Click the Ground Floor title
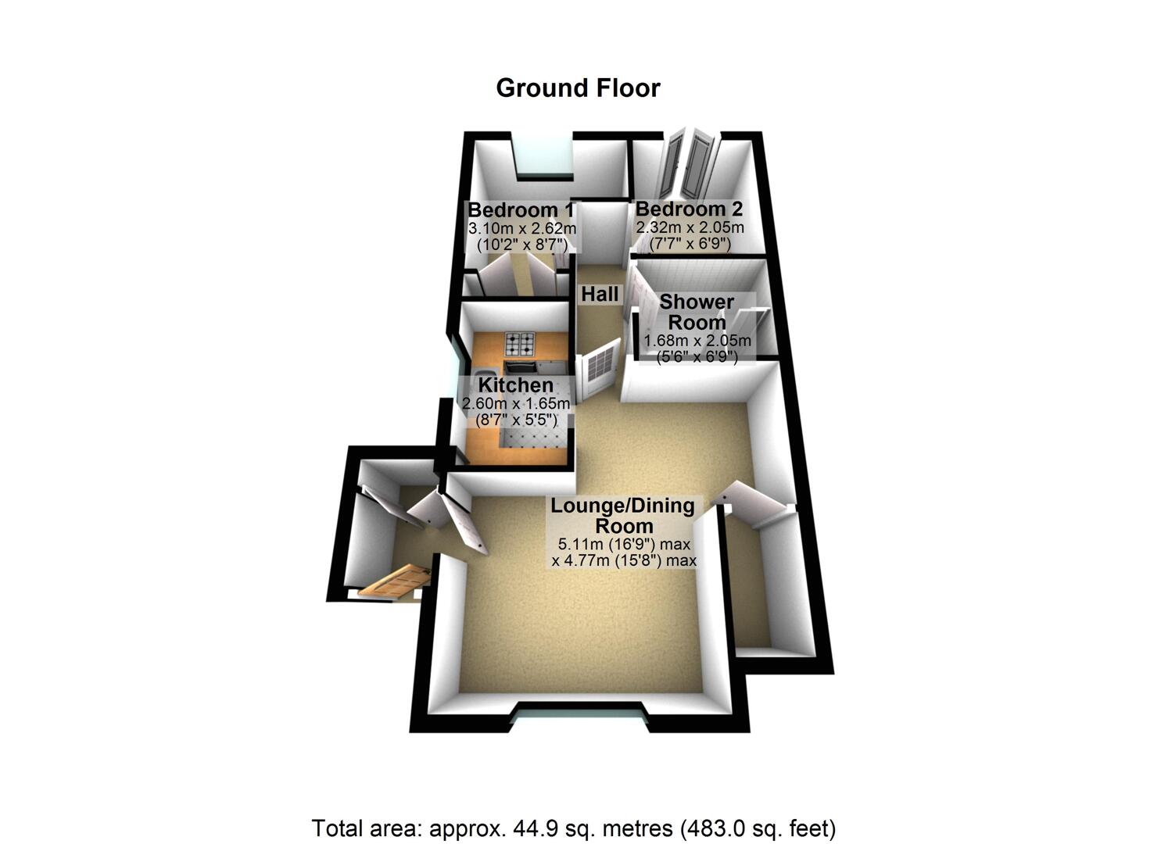click(578, 88)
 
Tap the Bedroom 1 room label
click(521, 210)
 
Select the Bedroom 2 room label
click(689, 209)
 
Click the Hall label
click(600, 295)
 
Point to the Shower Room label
click(697, 312)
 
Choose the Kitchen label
click(515, 385)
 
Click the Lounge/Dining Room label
click(623, 515)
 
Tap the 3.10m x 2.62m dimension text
click(521, 229)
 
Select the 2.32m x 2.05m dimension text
click(690, 227)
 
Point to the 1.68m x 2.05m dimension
click(697, 341)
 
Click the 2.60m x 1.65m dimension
click(516, 404)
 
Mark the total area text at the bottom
click(574, 828)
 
